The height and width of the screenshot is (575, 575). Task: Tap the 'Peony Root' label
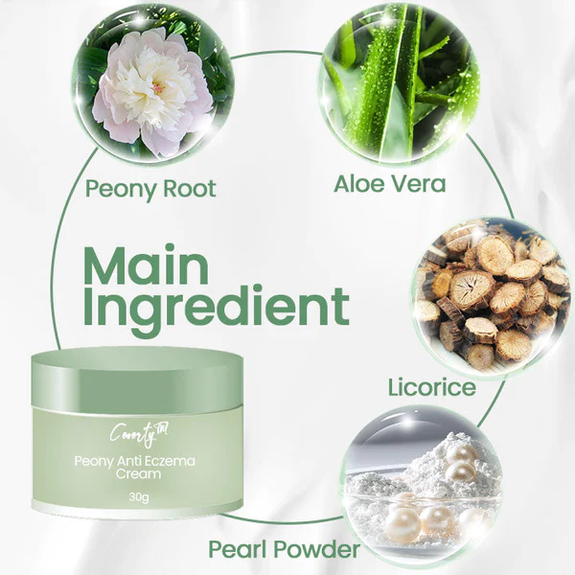pos(150,188)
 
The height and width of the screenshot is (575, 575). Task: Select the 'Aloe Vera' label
pos(389,183)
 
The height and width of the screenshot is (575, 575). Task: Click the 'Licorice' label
pos(431,387)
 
